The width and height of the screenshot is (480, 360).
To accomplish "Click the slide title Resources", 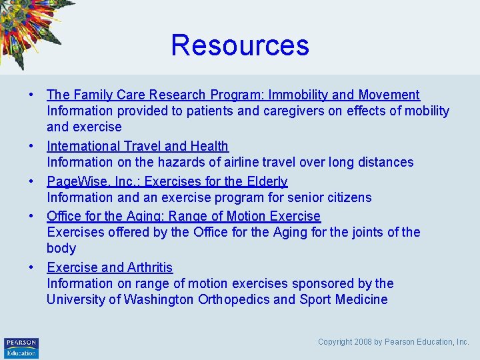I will (240, 45).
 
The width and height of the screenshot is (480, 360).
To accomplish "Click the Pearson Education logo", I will (21, 347).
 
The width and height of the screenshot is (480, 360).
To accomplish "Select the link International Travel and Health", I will (137, 146).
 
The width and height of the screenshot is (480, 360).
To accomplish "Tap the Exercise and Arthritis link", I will (109, 267).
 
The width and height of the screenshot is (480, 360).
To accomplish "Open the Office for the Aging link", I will (183, 216).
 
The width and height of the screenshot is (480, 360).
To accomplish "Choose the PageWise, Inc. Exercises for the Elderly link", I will (167, 181).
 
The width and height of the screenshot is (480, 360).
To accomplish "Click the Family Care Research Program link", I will (233, 95).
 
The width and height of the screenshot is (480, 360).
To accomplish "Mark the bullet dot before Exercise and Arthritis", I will (32, 267).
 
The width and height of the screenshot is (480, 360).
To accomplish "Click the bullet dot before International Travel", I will (32, 146).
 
